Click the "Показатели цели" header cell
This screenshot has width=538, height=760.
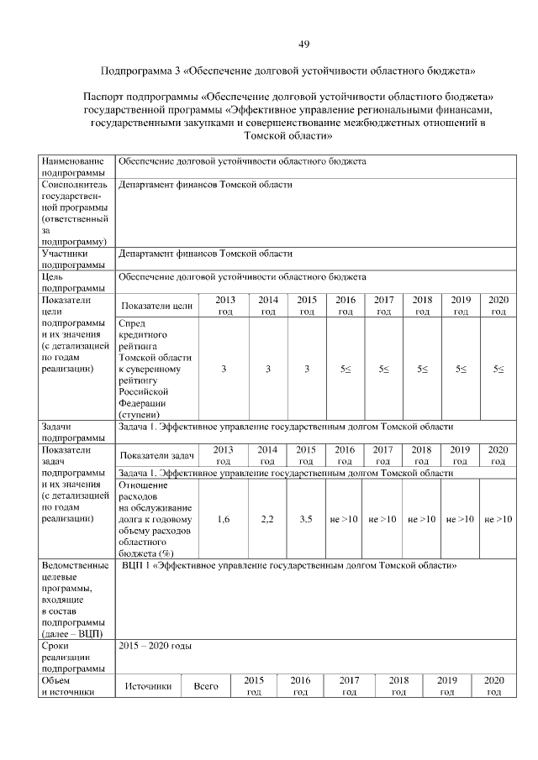point(157,306)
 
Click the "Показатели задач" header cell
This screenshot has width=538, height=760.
point(157,455)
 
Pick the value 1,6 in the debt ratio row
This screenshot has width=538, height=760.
point(224,519)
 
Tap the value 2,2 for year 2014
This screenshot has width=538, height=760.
point(267,519)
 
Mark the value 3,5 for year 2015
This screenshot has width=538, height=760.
point(306,519)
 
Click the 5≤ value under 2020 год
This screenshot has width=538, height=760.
point(498,369)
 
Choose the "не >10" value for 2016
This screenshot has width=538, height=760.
point(344,519)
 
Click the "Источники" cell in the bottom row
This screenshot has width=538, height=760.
point(148,686)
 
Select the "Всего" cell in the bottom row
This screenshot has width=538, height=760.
point(206,686)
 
